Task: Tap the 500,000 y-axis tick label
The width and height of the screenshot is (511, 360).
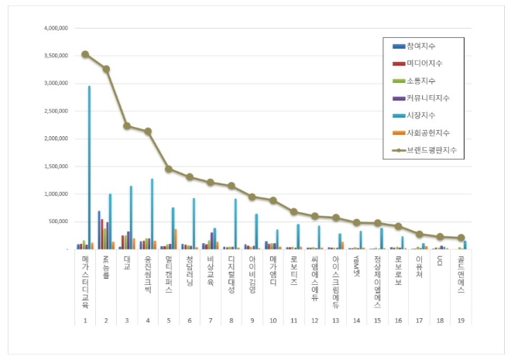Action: tap(60, 222)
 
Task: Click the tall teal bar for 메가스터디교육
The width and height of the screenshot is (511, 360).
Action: tap(89, 167)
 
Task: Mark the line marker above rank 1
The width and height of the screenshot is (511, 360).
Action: tap(85, 54)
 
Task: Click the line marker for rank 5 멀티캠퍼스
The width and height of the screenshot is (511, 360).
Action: tap(169, 169)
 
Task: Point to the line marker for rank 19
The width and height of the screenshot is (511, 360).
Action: tap(461, 238)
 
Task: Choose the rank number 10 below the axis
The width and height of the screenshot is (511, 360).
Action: tap(273, 319)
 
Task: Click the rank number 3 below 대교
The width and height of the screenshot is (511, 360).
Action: tap(127, 319)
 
